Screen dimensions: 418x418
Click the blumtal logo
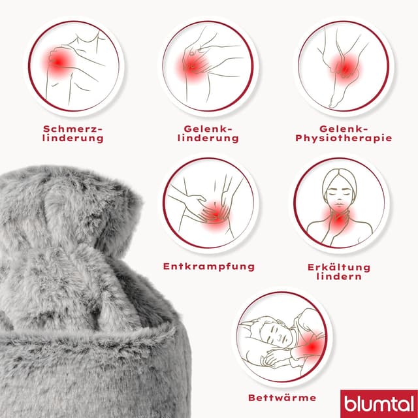coord(379,404)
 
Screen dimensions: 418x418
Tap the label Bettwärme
coord(282,398)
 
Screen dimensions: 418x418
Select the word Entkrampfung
coord(209,267)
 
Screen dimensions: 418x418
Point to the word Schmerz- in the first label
coord(72,129)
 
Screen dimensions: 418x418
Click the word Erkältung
coord(339,267)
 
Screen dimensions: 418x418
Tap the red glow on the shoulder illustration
coord(58,63)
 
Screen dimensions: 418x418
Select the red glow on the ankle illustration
coord(344,69)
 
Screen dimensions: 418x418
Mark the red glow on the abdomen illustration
coord(216,215)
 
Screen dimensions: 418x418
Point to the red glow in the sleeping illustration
coord(312,346)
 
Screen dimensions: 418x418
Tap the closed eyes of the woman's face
coord(339,193)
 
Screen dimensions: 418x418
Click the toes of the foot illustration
coord(333,104)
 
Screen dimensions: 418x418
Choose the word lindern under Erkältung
coord(339,276)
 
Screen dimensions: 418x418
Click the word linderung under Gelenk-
coord(208,138)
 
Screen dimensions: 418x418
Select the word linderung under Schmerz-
coord(72,138)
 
